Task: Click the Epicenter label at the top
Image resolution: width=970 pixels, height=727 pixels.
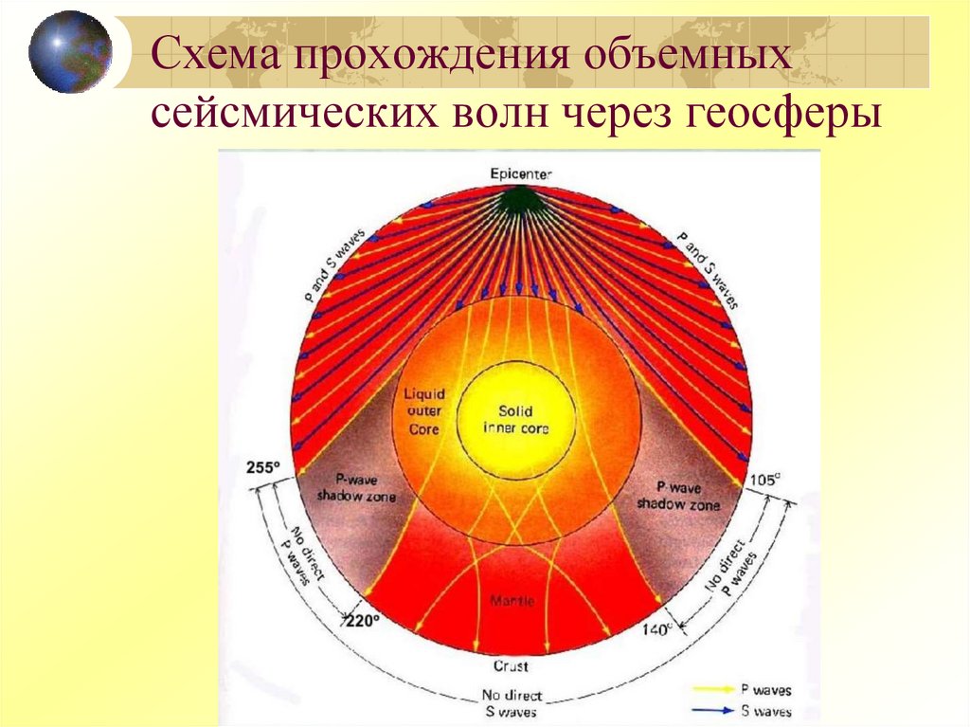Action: [520, 173]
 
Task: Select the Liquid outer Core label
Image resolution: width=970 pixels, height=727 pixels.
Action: [425, 410]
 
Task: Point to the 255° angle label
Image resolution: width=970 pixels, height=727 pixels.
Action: [264, 467]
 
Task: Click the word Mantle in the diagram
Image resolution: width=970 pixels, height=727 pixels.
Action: [512, 601]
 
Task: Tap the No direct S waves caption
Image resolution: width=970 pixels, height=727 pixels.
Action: [512, 703]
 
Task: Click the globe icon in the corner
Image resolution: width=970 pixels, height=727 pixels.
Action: [70, 51]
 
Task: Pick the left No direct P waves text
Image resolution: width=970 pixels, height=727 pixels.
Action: [295, 544]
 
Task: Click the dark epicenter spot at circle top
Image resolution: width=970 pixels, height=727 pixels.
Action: [518, 200]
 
